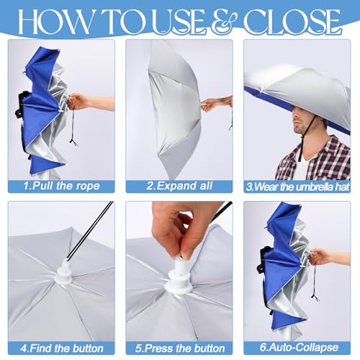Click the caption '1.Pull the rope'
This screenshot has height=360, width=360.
pyautogui.click(x=61, y=186)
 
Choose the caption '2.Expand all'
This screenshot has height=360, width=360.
pyautogui.click(x=179, y=186)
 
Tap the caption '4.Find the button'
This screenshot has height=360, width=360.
pyautogui.click(x=61, y=348)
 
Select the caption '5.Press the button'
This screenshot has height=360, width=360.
pyautogui.click(x=179, y=348)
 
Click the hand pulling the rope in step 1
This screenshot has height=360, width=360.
pyautogui.click(x=78, y=102)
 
